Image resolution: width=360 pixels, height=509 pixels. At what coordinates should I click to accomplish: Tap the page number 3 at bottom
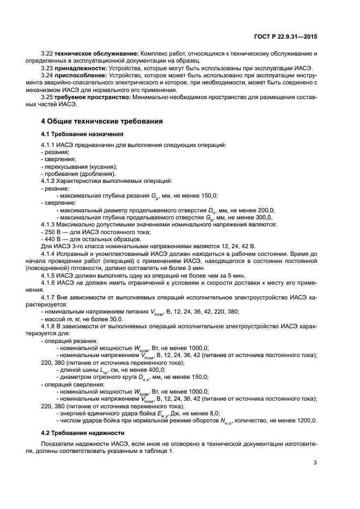coord(315,463)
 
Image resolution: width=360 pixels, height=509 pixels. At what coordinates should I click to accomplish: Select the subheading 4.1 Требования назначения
coord(82,133)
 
